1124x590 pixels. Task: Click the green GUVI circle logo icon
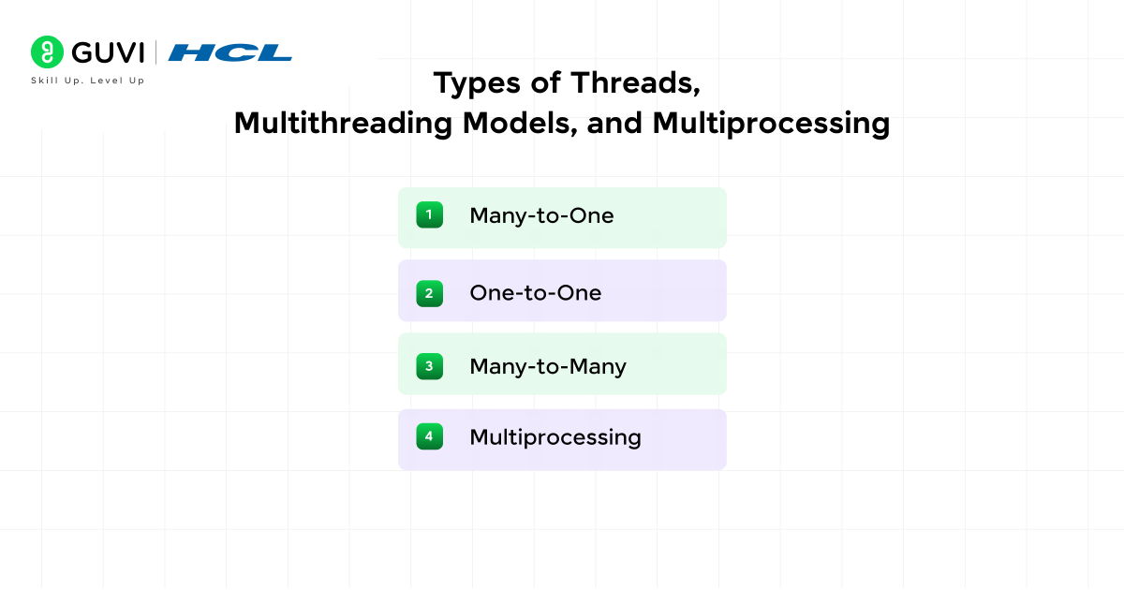pos(47,52)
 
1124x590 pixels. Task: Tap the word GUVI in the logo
pos(108,52)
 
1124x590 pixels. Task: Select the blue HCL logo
pos(229,52)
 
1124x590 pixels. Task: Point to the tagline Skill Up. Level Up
pos(88,81)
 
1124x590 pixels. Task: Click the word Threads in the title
pos(635,82)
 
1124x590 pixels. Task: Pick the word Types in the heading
pos(477,83)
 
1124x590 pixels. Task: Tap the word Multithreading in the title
pos(343,124)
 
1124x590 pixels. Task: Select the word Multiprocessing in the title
pos(771,124)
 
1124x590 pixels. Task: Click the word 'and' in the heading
pos(614,124)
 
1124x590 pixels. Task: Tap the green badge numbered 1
pos(430,214)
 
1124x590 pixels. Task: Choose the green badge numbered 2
pos(430,293)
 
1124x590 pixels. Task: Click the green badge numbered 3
pos(430,366)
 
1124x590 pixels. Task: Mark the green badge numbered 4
pos(430,436)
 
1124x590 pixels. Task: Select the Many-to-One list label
pos(541,215)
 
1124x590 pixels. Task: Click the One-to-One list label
pos(536,293)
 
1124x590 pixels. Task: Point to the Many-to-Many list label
pos(548,367)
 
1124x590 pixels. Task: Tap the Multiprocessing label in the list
pos(555,437)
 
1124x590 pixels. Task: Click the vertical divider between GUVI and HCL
pos(156,52)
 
